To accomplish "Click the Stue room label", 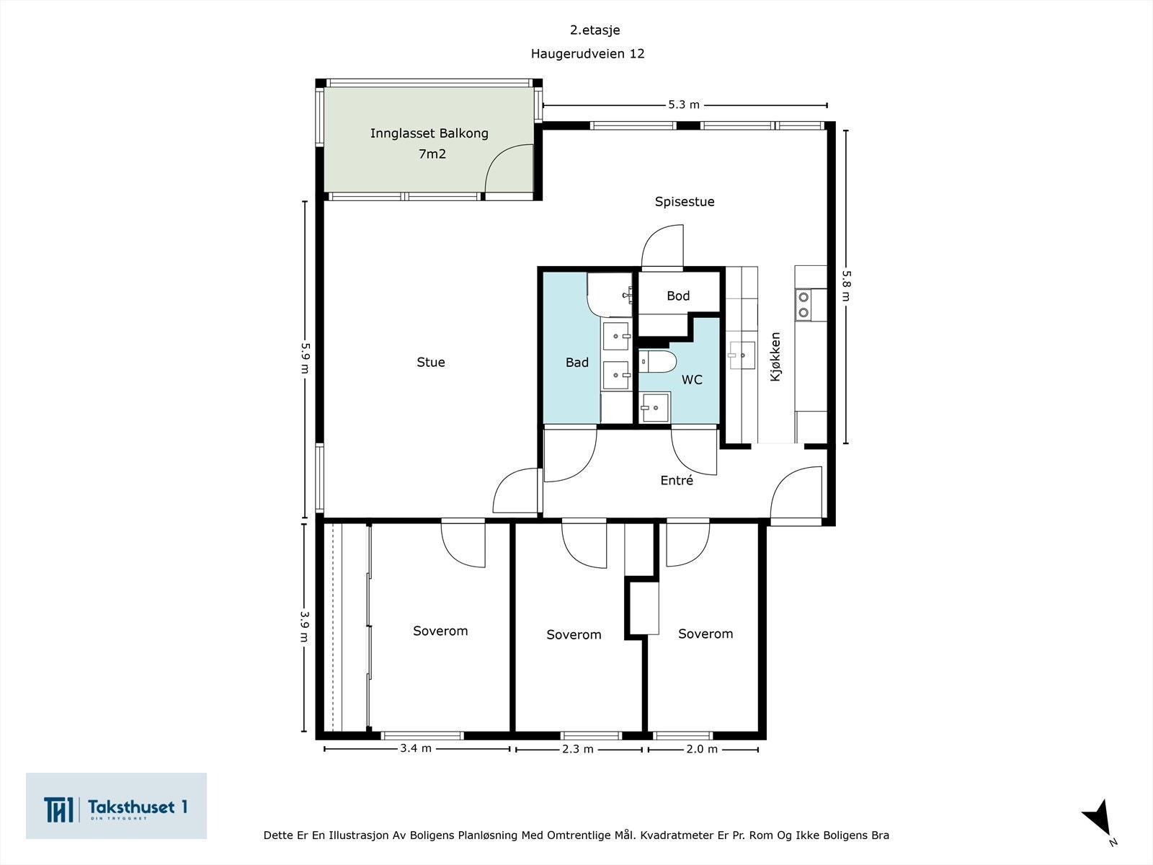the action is pyautogui.click(x=431, y=362).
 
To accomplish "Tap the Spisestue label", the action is pyautogui.click(x=685, y=202).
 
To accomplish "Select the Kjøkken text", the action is pyautogui.click(x=775, y=357).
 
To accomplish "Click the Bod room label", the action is pyautogui.click(x=678, y=296).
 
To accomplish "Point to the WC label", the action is pyautogui.click(x=692, y=380).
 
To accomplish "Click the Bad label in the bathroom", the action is pyautogui.click(x=576, y=362).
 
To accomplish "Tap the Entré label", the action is pyautogui.click(x=677, y=480).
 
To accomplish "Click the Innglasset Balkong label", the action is pyautogui.click(x=429, y=133).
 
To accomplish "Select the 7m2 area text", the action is pyautogui.click(x=432, y=154).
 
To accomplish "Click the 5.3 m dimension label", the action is pyautogui.click(x=684, y=105).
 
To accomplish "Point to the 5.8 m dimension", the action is pyautogui.click(x=846, y=285).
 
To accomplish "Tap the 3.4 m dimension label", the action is pyautogui.click(x=416, y=748).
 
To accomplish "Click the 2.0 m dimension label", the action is pyautogui.click(x=702, y=749).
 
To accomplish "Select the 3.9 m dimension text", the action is pyautogui.click(x=305, y=626).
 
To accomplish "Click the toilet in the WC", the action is pyautogui.click(x=657, y=361).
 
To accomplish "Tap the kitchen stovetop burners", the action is pyautogui.click(x=803, y=305).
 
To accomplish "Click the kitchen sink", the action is pyautogui.click(x=742, y=355).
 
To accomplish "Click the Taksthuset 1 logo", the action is pyautogui.click(x=116, y=806).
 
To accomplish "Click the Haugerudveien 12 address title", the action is pyautogui.click(x=587, y=53).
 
